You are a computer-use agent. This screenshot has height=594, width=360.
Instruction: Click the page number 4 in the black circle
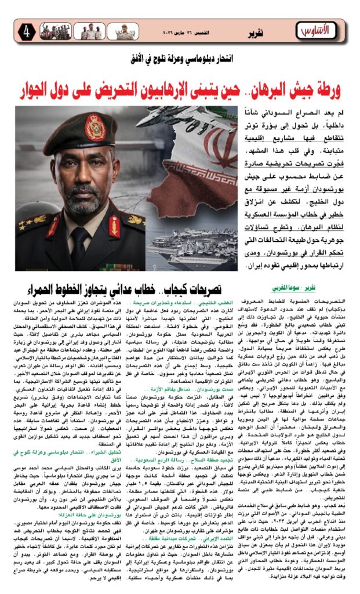(x=27, y=31)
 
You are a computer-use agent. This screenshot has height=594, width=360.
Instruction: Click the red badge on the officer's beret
(x=95, y=127)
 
